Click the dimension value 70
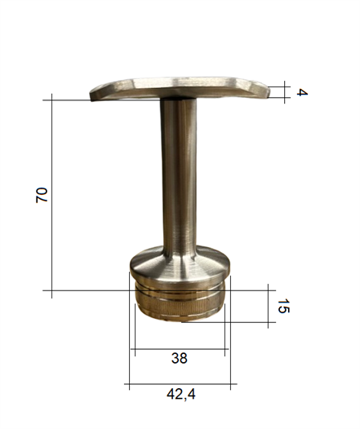click(42, 195)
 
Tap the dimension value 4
click(302, 92)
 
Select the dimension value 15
click(283, 306)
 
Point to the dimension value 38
click(180, 358)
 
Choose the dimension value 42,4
click(181, 395)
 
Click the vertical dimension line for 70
click(51, 196)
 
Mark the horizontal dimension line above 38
click(180, 349)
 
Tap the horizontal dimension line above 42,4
click(180, 384)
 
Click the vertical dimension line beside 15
click(268, 306)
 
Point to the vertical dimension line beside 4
click(284, 92)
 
